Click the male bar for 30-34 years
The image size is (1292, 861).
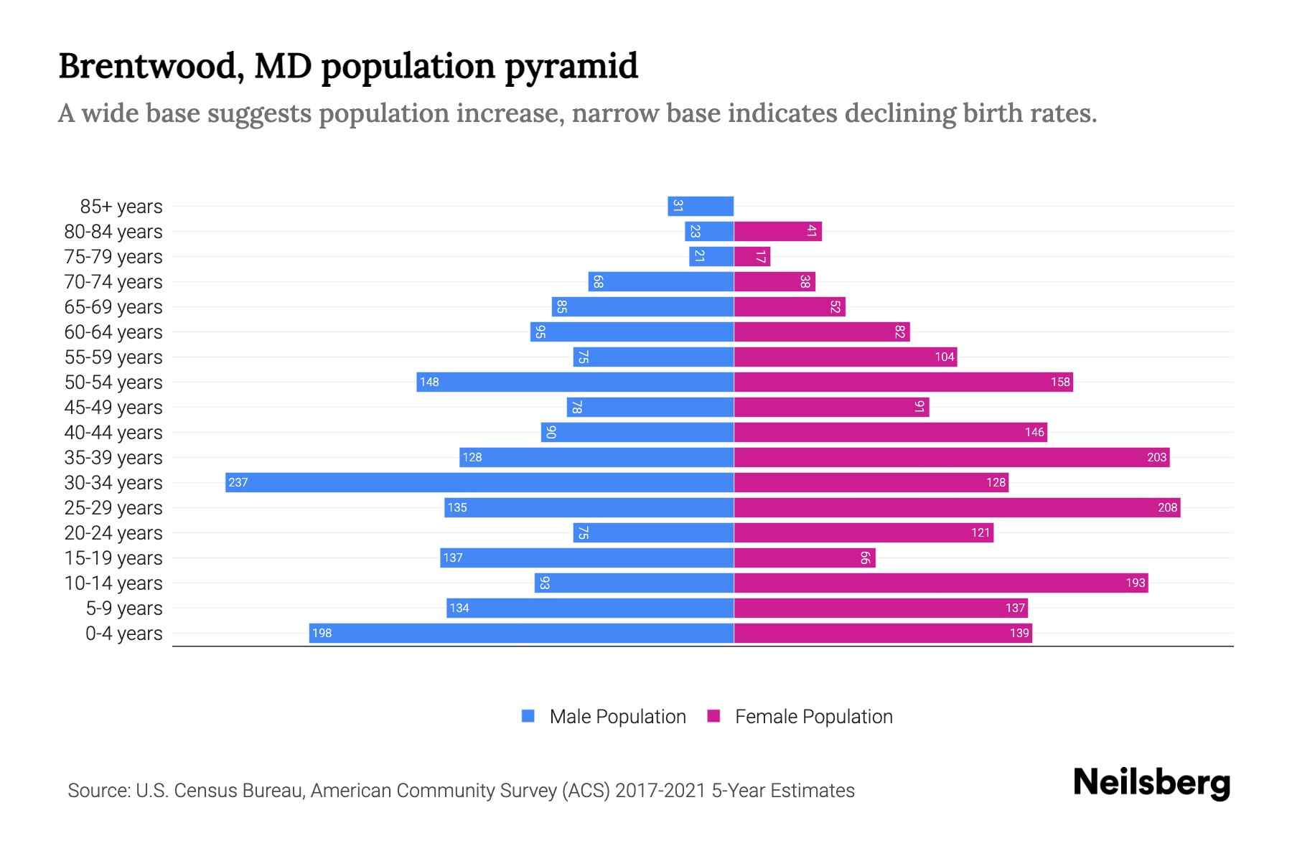[479, 482]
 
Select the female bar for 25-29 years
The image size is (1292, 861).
[957, 507]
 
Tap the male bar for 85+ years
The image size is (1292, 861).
[701, 206]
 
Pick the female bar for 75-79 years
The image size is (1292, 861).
[752, 256]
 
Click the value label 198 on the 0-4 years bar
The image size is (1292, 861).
[322, 633]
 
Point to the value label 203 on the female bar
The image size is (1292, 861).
[1156, 457]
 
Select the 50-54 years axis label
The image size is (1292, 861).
[113, 382]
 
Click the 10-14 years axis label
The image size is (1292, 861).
[113, 583]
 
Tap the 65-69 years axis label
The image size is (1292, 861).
[113, 306]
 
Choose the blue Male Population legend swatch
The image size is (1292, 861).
[528, 716]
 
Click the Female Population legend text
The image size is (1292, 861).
[813, 716]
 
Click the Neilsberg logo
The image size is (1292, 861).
[1151, 782]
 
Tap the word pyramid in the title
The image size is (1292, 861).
[571, 66]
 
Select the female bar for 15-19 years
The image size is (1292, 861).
[805, 557]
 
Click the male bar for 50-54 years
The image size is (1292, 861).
[575, 382]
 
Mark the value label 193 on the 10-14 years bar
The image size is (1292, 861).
[1135, 583]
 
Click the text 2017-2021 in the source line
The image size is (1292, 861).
[660, 790]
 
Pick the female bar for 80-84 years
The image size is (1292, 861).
[777, 231]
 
